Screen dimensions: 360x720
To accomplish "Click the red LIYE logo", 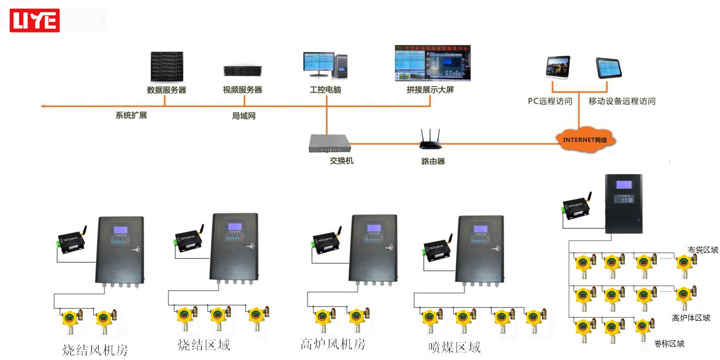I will [34, 21].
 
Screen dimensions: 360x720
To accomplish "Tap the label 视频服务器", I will [242, 90].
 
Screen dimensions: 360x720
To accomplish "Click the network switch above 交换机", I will [329, 142].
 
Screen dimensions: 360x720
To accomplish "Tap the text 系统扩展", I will [131, 115].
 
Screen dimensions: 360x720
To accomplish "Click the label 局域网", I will [243, 116].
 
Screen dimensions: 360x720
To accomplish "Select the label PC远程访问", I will [550, 101].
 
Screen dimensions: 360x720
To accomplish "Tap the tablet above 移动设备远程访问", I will [608, 68].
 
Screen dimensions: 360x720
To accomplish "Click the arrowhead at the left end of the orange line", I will [43, 106].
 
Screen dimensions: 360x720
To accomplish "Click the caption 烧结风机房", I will [95, 350].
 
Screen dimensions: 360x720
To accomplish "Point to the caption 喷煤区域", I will [454, 348].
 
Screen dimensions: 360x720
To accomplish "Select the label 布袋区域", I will [703, 250].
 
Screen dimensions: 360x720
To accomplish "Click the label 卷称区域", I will [669, 344].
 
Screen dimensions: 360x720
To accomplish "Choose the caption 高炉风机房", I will [333, 344].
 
